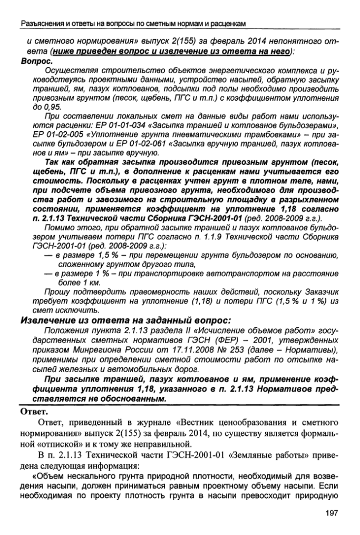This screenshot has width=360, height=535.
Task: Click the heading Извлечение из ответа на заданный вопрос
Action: (125, 320)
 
